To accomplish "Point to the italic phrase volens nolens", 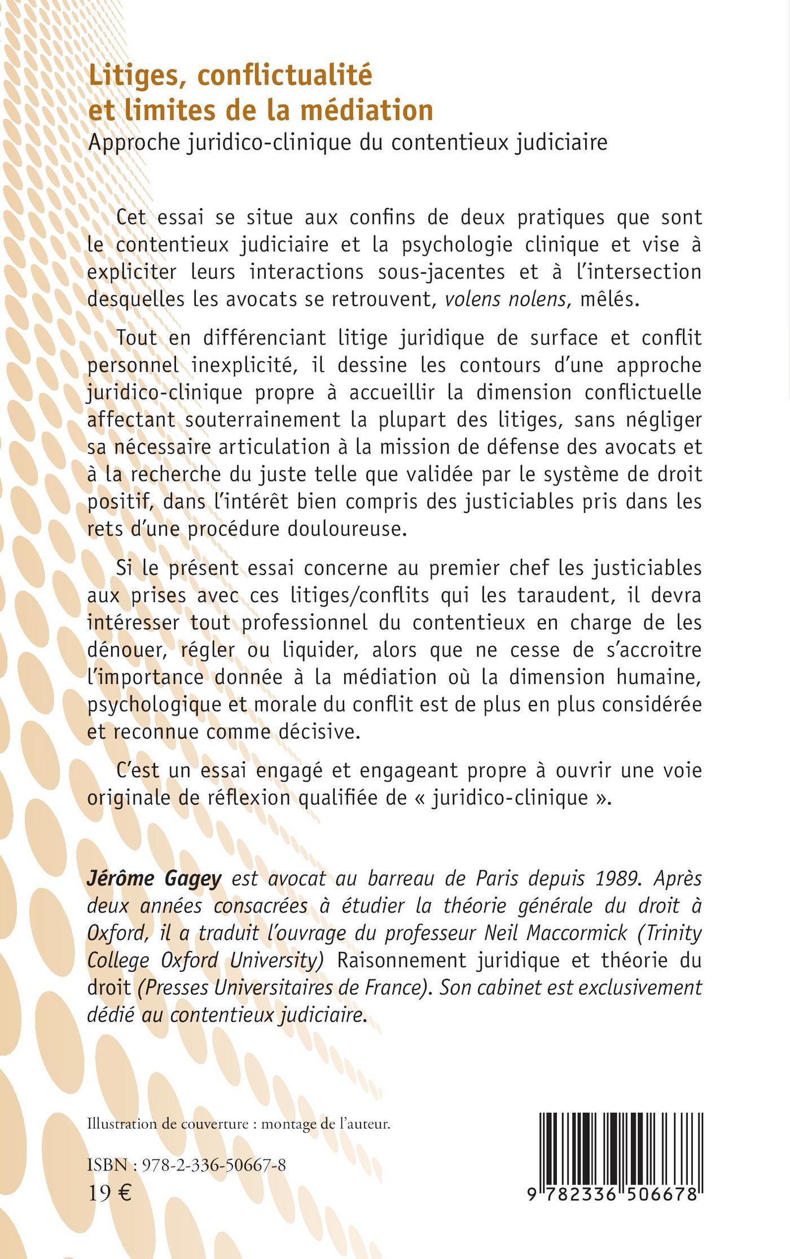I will pos(505,299).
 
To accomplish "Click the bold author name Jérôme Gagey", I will pos(154,879).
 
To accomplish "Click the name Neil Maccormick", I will pos(556,932).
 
